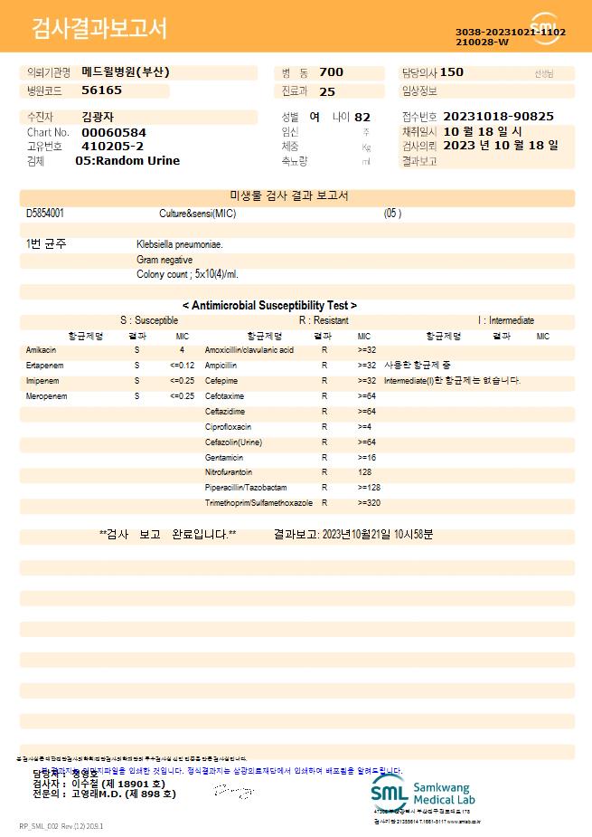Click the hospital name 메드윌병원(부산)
(x=126, y=72)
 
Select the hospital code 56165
(x=101, y=90)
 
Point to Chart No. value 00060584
(x=113, y=132)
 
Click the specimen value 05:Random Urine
(x=127, y=161)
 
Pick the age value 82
(x=362, y=117)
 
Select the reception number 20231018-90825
(x=499, y=117)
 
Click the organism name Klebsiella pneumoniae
(x=180, y=244)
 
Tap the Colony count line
(x=187, y=274)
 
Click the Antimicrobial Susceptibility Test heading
(x=269, y=306)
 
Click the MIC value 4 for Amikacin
(x=182, y=350)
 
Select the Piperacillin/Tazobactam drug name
(x=246, y=488)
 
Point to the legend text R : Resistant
(x=324, y=320)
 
